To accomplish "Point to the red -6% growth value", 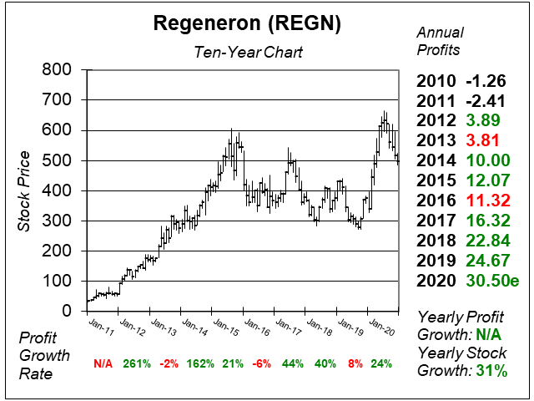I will click(x=262, y=364).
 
